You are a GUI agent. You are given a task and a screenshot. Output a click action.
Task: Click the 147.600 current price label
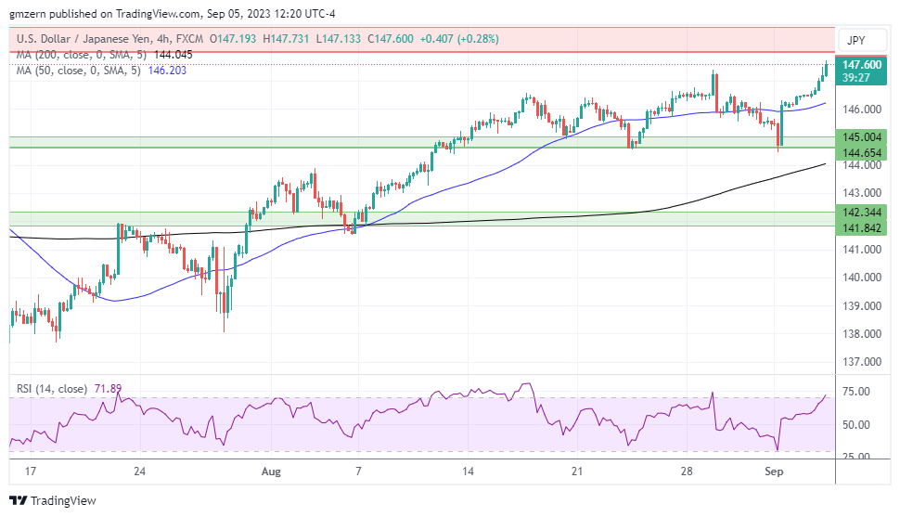click(x=862, y=65)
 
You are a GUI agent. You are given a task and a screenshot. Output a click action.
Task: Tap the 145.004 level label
click(x=862, y=136)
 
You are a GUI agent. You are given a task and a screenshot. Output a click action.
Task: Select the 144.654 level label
click(x=862, y=151)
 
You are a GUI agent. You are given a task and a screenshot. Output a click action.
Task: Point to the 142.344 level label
click(x=862, y=213)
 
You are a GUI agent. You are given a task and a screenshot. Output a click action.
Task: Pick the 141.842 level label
click(x=862, y=227)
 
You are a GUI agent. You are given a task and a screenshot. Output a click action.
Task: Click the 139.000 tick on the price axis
click(x=862, y=305)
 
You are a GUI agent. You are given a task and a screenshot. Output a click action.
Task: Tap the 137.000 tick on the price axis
click(x=862, y=362)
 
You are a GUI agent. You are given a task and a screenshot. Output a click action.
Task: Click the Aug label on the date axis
click(x=271, y=472)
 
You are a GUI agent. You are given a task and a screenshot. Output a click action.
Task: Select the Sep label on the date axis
click(x=774, y=472)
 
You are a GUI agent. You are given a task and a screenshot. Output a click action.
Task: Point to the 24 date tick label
click(x=139, y=472)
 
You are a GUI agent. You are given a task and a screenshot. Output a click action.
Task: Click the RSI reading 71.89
click(x=108, y=389)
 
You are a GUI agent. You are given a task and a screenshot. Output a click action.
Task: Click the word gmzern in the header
click(x=29, y=13)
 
